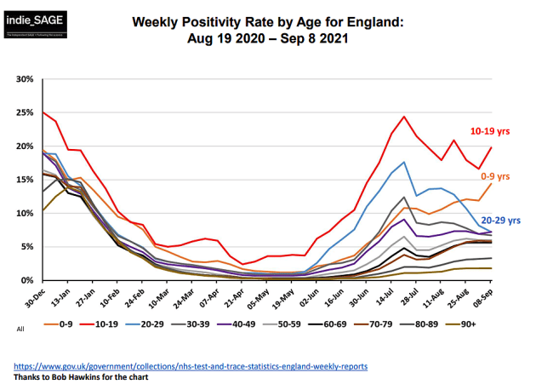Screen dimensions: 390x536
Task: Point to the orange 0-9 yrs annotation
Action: tap(495, 176)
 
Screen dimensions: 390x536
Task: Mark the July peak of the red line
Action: tap(404, 117)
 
